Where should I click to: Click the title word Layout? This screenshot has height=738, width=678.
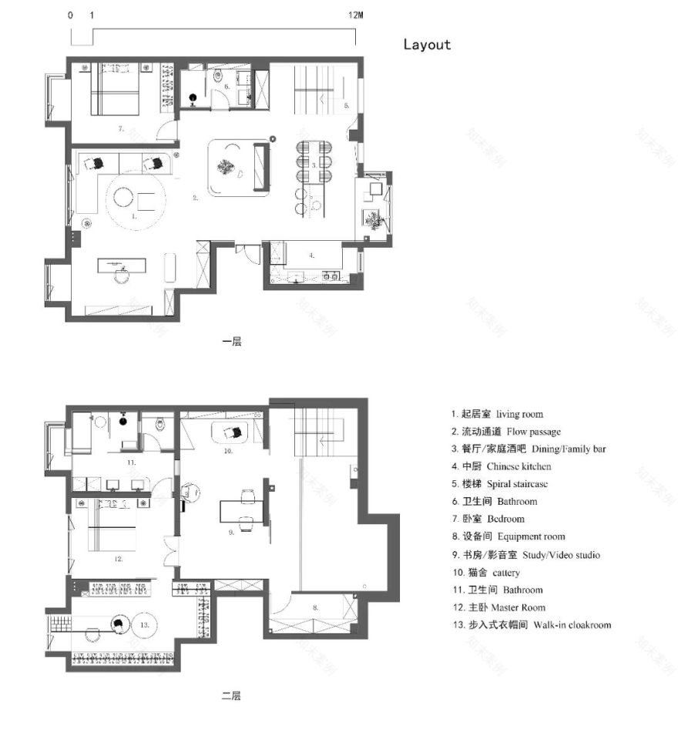point(427,45)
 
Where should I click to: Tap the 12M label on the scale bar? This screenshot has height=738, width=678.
point(354,15)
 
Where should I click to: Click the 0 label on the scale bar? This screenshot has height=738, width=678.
point(71,15)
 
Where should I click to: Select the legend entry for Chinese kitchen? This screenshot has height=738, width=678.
point(502,466)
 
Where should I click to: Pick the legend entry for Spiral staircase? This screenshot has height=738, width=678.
point(502,484)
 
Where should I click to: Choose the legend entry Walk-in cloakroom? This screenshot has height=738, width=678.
point(532,625)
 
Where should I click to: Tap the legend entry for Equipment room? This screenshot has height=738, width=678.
point(509,536)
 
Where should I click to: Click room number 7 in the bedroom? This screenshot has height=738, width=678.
point(121,129)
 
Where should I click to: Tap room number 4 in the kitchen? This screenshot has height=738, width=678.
point(311,253)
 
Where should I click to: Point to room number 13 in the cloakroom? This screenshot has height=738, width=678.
point(143,626)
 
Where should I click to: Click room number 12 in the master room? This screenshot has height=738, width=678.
point(119,559)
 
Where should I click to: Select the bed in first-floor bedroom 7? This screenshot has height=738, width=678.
point(114,91)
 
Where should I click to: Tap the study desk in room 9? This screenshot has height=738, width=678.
point(241,510)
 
